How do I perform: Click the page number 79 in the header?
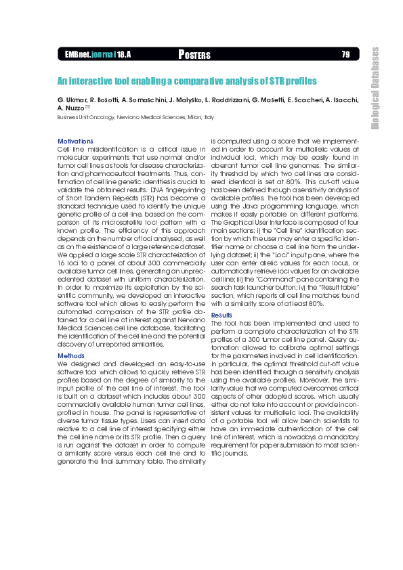(x=345, y=54)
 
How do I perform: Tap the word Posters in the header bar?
(x=194, y=54)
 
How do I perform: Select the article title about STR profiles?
(x=186, y=81)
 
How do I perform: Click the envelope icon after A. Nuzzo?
(x=88, y=107)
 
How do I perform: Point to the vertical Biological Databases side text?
(x=375, y=88)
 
